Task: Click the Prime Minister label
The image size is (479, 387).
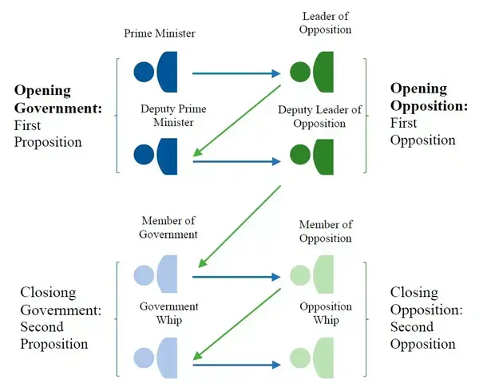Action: coord(160,33)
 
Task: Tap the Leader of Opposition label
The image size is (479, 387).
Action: coord(326,23)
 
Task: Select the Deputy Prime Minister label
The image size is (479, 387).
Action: coord(173,116)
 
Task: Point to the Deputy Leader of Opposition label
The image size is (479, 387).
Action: coord(320,116)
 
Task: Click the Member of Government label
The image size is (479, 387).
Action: coord(168,227)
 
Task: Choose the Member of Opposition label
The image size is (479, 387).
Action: coord(326,231)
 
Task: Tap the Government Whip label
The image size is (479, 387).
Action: coord(169,313)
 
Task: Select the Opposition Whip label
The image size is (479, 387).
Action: coord(326,313)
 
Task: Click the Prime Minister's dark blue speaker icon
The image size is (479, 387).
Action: coord(156,72)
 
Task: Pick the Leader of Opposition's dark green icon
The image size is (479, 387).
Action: coord(311,72)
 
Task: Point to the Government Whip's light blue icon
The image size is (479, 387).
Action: coord(156,358)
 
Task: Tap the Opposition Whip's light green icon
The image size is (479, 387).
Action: coord(311,358)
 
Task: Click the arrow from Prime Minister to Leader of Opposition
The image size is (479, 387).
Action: coord(236,73)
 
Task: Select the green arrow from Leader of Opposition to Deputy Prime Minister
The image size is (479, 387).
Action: coord(237,120)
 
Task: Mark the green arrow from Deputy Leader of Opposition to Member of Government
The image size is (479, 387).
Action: coord(239,227)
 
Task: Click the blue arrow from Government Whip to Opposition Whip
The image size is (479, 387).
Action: coord(237,365)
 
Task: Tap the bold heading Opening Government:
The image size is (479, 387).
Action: coord(58,99)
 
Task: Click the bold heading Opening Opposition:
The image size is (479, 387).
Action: coord(430,97)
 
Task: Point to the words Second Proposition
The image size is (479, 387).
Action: coord(54,335)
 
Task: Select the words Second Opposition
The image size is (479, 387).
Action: coord(423,335)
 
